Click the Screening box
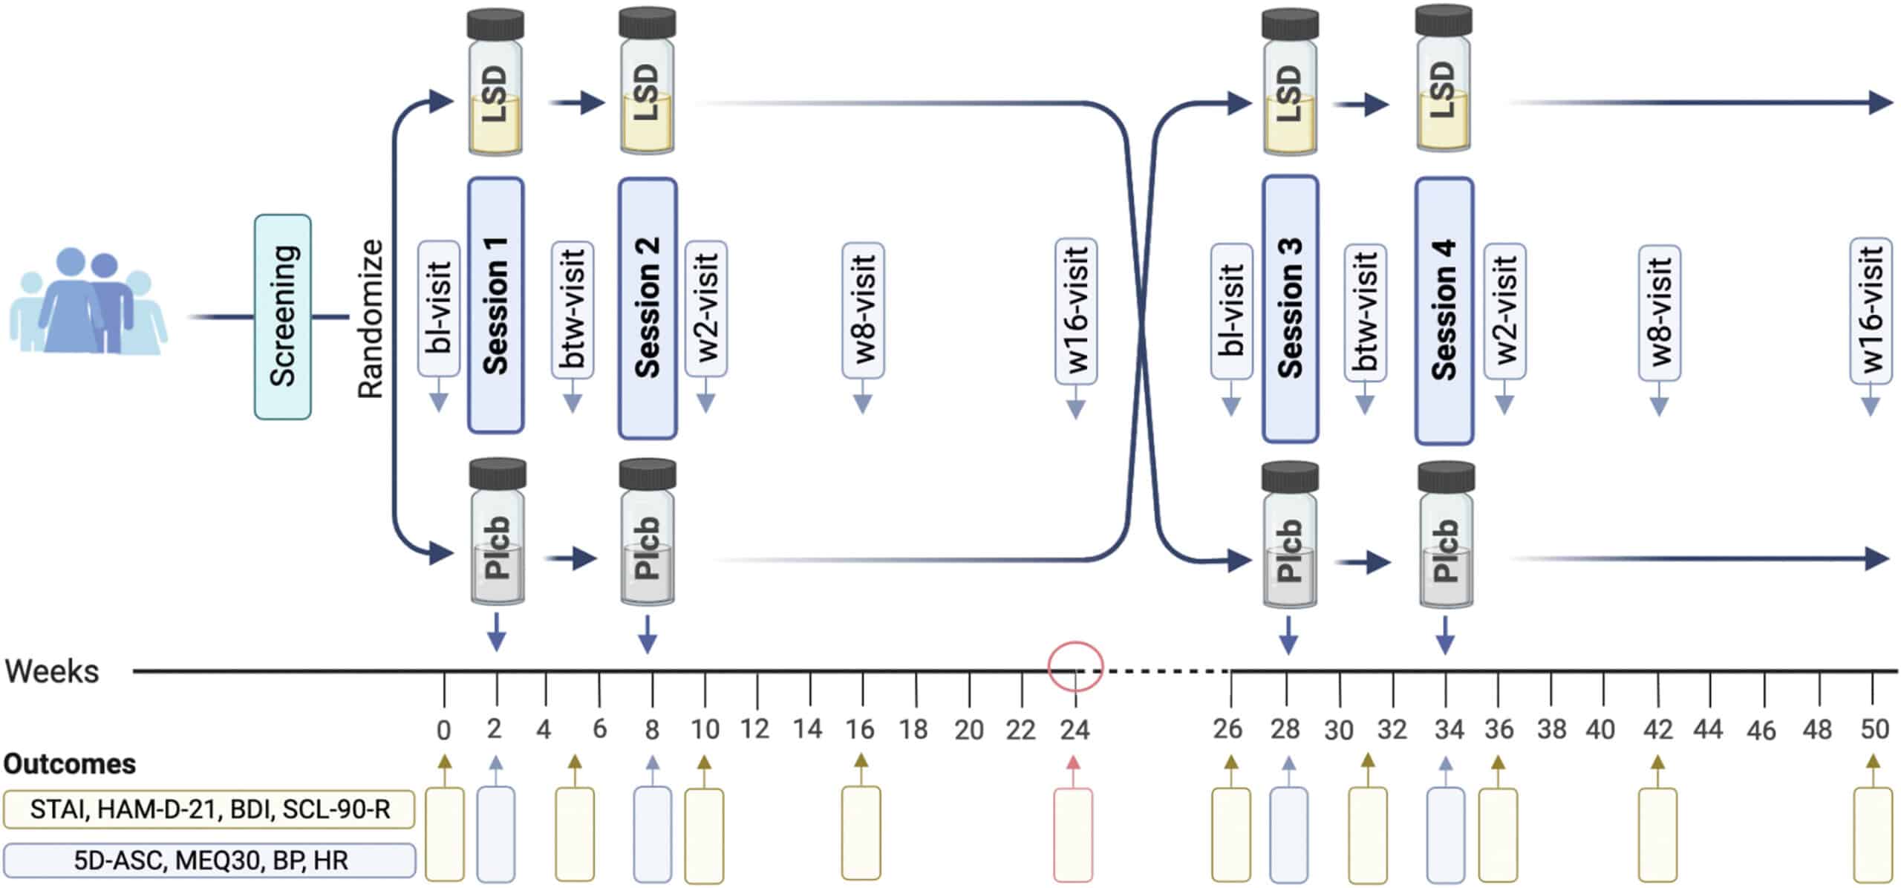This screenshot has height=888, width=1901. (282, 317)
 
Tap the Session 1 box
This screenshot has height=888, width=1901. (495, 305)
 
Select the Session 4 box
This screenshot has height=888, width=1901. (1444, 310)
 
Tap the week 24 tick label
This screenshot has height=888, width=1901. (1075, 731)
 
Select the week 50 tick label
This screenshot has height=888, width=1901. (1874, 729)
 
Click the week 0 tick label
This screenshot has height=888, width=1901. (443, 731)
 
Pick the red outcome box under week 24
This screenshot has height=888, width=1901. (1073, 835)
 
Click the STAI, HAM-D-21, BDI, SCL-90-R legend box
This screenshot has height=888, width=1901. (209, 809)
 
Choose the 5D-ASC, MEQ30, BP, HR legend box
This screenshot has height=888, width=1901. (209, 861)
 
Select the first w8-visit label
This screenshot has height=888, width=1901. (863, 310)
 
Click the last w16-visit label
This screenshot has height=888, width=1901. (1870, 310)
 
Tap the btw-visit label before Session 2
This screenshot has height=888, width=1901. (573, 310)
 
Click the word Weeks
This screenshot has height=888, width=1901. (52, 671)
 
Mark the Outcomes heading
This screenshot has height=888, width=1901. (70, 763)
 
